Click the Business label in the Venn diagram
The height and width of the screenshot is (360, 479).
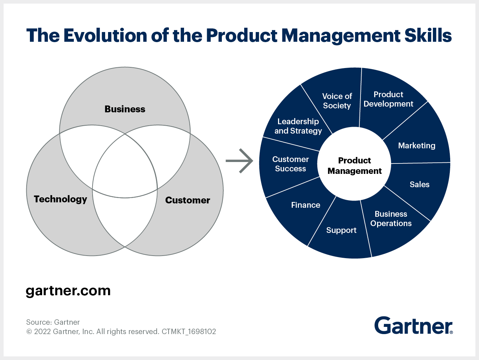125,109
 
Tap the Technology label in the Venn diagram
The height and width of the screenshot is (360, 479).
61,199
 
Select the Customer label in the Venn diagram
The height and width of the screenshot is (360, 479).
187,200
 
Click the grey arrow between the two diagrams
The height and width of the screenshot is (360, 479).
239,161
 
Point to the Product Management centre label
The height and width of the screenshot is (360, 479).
354,166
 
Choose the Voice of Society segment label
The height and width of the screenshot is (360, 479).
337,101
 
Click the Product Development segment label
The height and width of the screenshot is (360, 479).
388,99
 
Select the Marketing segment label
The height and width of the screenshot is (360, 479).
417,145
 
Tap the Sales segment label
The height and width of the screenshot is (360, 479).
420,184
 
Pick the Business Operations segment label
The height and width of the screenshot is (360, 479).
391,219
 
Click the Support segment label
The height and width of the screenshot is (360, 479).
341,230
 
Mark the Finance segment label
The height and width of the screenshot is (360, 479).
305,205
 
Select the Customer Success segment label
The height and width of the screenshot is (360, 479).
290,164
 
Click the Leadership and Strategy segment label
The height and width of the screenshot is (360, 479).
298,126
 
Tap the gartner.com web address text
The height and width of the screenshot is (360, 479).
68,291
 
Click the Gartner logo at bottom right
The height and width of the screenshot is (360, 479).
413,325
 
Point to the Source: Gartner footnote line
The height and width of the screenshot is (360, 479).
53,322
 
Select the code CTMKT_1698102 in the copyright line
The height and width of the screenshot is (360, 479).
189,332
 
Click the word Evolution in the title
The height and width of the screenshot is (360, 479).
105,35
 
